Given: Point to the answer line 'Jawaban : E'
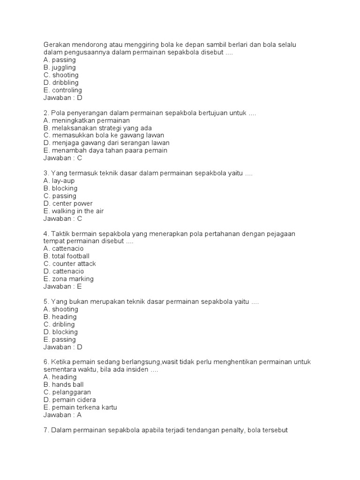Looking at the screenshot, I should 62,286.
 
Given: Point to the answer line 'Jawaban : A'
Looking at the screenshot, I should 62,415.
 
